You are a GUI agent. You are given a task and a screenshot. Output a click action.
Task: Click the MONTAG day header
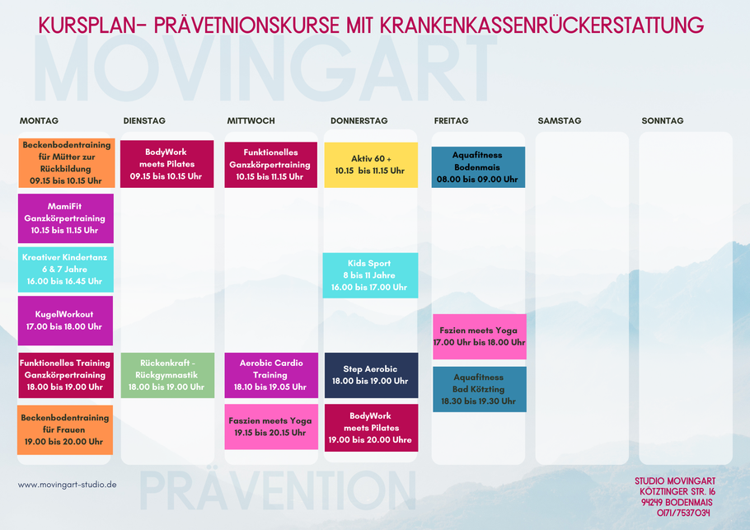coord(39,121)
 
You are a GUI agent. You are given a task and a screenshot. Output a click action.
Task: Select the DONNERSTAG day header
coord(359,121)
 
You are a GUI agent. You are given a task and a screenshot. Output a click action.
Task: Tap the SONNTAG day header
coord(663,121)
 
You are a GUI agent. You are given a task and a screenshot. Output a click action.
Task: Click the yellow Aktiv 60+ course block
coord(371,165)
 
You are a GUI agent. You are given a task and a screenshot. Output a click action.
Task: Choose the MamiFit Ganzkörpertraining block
coord(66,218)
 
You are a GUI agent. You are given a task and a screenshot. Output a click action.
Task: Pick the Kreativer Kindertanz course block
coord(66,270)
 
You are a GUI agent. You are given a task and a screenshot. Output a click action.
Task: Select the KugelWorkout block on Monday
coord(66,321)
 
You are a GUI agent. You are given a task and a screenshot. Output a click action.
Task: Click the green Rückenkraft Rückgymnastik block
coord(167,376)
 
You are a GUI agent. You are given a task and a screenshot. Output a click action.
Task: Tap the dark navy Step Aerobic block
coord(371,376)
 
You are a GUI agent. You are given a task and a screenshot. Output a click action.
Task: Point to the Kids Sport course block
coord(370,275)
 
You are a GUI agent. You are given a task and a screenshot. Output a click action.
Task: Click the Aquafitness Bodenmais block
coord(478,167)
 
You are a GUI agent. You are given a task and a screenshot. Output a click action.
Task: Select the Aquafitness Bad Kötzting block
coord(480,389)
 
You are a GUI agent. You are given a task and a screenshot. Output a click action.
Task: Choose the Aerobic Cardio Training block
coord(271,376)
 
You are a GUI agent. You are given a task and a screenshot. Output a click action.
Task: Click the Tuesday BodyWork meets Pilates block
coord(167,164)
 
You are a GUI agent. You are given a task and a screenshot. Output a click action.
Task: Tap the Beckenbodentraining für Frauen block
coord(65,430)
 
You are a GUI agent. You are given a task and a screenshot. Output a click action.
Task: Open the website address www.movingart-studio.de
coord(68,485)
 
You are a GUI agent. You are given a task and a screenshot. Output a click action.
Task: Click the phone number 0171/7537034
coord(683,513)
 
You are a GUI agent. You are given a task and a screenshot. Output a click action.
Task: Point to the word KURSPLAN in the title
coord(86,25)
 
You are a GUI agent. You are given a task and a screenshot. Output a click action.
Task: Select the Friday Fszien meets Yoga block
coord(480,337)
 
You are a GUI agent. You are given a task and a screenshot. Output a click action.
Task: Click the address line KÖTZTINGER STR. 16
coord(677,492)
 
